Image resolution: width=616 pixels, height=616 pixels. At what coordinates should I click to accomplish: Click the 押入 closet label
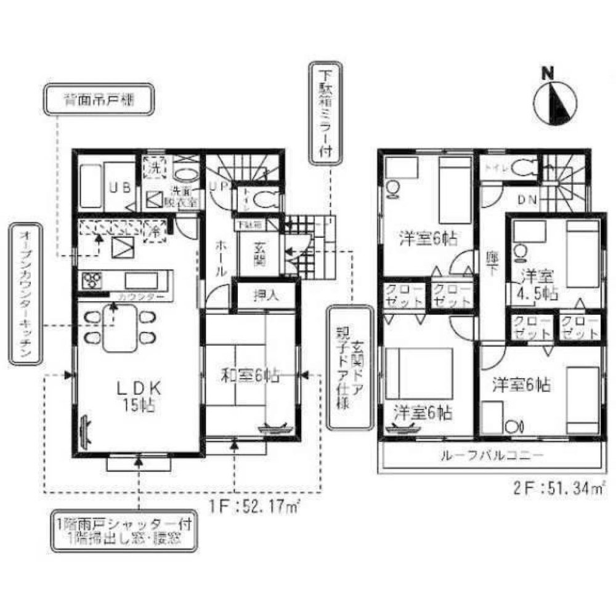[265, 295]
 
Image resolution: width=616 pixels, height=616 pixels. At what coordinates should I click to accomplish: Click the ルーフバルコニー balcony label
[491, 456]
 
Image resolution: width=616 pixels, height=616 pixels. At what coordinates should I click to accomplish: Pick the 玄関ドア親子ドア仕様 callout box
[348, 367]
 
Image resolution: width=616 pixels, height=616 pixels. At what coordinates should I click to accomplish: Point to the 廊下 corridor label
[490, 259]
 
